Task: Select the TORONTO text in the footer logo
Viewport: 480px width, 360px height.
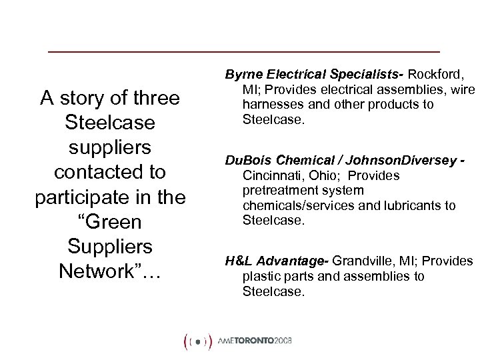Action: (x=262, y=341)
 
